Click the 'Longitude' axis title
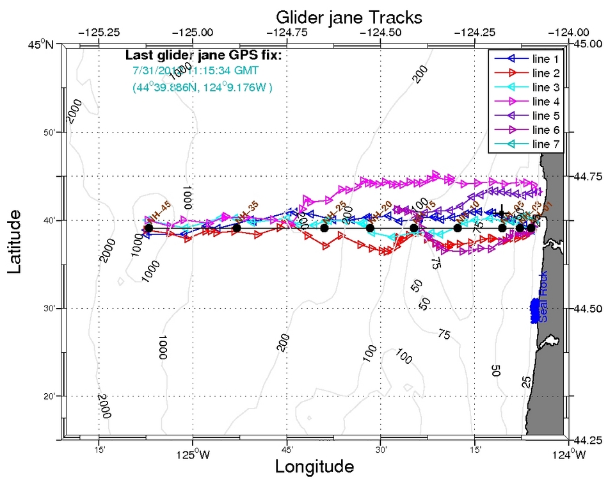coord(314,466)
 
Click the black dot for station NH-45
coord(148,227)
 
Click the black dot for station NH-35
coord(237,227)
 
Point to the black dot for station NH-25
coord(324,228)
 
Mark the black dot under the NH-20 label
coord(370,228)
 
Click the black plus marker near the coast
coord(502,214)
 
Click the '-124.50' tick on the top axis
coord(381,32)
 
